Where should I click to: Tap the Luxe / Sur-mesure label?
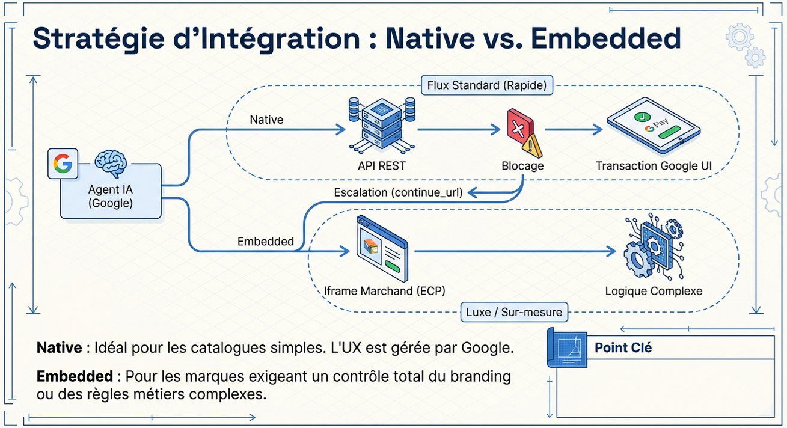(514, 312)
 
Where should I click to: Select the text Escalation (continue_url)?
(398, 193)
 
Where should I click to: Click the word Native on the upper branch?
(266, 120)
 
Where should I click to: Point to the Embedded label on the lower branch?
(266, 242)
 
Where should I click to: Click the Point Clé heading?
(623, 347)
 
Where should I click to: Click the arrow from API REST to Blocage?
(459, 129)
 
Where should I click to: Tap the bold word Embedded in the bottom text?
(75, 376)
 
